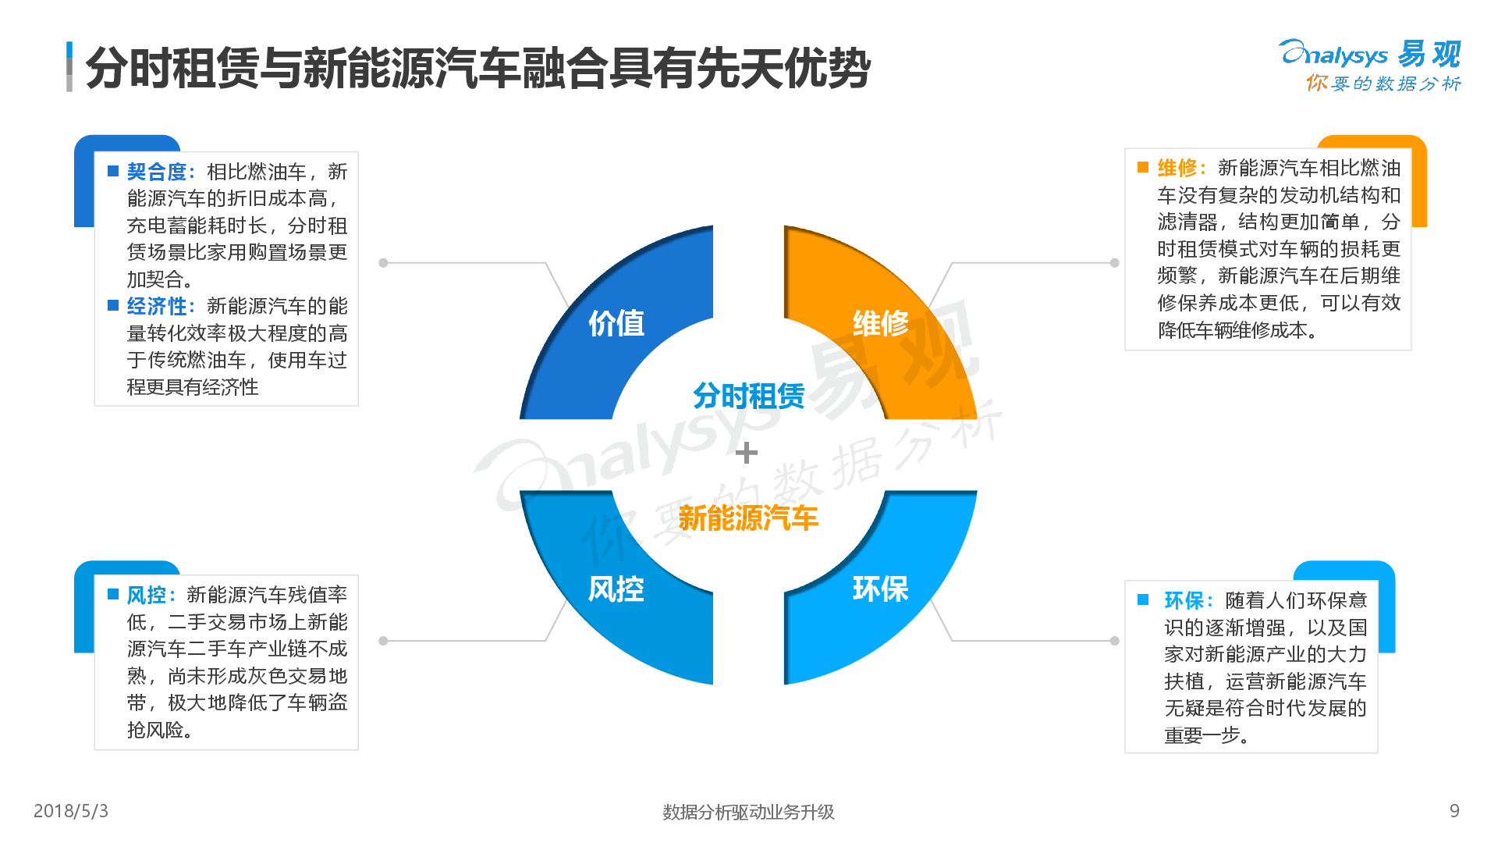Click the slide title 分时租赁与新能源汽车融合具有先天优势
(x=477, y=68)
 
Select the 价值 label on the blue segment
(x=616, y=323)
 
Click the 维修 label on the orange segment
(x=881, y=323)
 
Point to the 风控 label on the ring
(x=616, y=589)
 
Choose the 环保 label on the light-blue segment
(x=881, y=589)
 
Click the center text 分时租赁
(x=748, y=396)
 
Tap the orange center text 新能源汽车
(x=748, y=518)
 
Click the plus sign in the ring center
(x=747, y=453)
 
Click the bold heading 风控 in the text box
(x=147, y=596)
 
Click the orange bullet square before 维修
(x=1143, y=168)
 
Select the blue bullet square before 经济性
(x=113, y=306)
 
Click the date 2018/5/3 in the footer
(x=71, y=811)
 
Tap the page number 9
(x=1454, y=811)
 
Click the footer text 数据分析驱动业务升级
(x=748, y=813)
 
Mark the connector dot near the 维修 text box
(x=1115, y=263)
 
